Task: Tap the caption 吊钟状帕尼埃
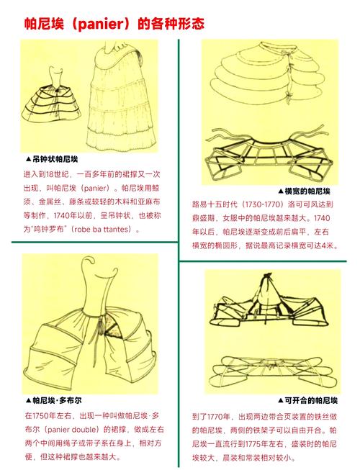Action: coord(57,160)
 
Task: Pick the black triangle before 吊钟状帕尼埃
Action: coord(27,160)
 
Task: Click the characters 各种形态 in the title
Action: coord(179,24)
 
